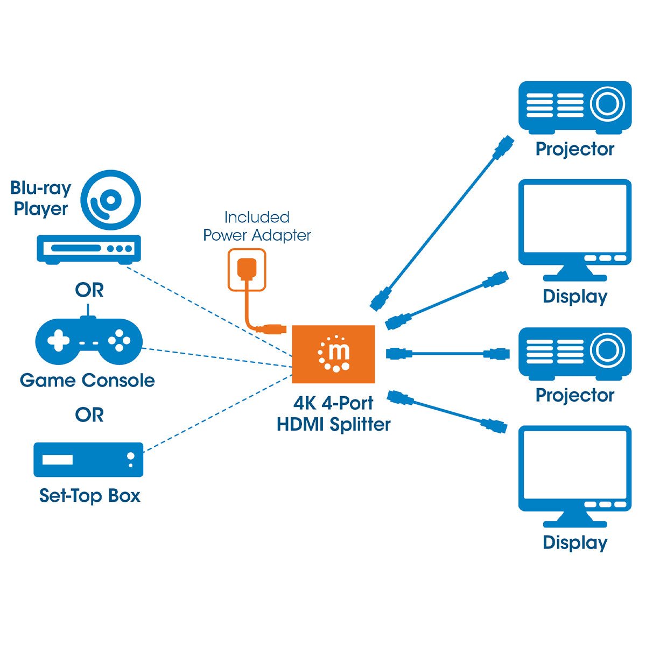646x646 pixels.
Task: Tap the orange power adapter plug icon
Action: coord(247,269)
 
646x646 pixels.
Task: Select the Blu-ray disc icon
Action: coord(111,200)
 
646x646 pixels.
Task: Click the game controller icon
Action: coord(89,341)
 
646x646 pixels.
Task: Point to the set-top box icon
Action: coord(88,460)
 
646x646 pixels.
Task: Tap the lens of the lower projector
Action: coord(607,349)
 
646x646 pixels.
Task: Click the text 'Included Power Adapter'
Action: coord(257,226)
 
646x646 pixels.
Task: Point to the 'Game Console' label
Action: coord(87,381)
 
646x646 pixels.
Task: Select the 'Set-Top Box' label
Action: coord(89,496)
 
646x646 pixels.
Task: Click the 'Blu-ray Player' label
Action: coord(41,198)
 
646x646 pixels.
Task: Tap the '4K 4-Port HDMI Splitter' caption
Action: coord(333,414)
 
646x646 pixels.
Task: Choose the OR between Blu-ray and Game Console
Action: coord(89,290)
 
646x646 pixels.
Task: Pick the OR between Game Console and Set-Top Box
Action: coord(89,415)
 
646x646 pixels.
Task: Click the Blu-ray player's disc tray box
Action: coord(89,249)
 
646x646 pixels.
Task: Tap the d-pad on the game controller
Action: coord(58,341)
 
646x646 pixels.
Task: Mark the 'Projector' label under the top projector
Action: coord(574,149)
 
